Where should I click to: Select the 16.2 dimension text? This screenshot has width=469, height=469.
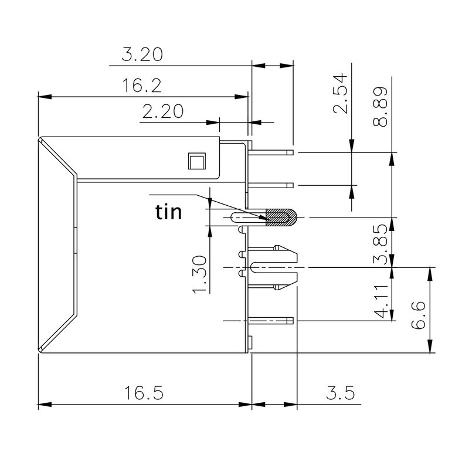point(142,86)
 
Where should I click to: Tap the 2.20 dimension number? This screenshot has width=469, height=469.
point(162,112)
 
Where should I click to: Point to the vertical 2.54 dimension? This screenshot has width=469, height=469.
point(341,94)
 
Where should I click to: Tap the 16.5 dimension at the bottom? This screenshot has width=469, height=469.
point(143,392)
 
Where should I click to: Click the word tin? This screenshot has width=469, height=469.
point(168,212)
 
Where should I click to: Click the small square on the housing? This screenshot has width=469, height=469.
point(195,161)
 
